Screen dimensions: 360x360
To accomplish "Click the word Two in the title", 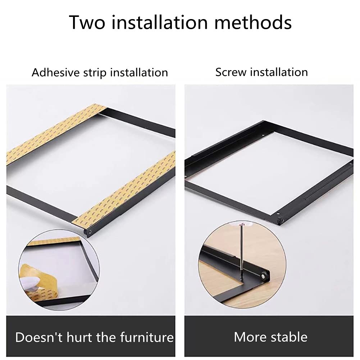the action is (x=87, y=22).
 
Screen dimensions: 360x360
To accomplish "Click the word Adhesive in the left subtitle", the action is (x=55, y=73).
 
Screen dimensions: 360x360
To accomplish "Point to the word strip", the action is (x=95, y=73).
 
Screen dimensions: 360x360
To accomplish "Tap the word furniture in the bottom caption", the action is (x=147, y=337).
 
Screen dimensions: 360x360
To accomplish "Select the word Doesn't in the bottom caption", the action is (x=39, y=337).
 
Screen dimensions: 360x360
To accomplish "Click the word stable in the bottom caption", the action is (x=289, y=337).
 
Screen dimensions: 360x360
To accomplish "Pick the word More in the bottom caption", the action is (x=250, y=337).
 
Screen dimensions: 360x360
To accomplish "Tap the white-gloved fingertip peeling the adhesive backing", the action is (x=29, y=279).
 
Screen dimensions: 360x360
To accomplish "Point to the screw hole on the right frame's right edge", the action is (x=350, y=165).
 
